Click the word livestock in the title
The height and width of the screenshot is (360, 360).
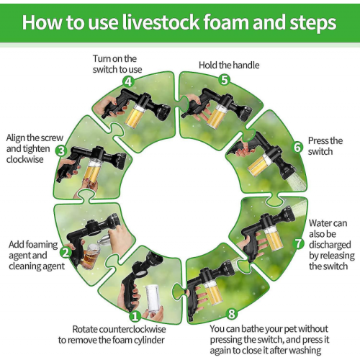[161, 22]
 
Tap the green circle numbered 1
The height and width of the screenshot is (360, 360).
[135, 316]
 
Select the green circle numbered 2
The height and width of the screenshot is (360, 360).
[66, 252]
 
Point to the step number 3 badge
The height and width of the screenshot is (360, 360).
[61, 151]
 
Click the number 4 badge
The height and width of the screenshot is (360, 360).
[129, 82]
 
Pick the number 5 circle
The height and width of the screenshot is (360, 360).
[225, 80]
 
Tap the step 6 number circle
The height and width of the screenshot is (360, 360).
[297, 147]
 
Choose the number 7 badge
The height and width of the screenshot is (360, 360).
[298, 243]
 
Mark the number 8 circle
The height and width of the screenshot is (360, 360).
[232, 314]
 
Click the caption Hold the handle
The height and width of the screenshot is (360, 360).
[229, 66]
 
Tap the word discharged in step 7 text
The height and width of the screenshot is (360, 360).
[330, 245]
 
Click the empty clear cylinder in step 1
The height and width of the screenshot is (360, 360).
[153, 298]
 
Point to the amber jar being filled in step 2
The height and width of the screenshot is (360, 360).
[90, 256]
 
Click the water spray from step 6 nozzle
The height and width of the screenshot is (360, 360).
[297, 181]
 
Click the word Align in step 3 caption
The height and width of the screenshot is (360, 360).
[16, 138]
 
